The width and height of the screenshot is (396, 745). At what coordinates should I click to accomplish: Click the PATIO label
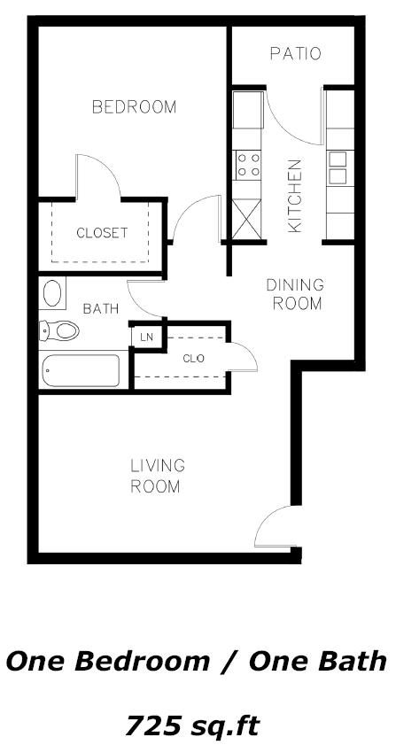(295, 54)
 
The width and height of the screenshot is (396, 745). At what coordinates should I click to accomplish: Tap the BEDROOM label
(134, 107)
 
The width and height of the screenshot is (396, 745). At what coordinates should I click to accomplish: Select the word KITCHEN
(295, 196)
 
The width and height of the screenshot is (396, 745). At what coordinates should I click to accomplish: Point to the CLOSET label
(102, 233)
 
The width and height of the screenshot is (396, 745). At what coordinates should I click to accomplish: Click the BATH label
(101, 309)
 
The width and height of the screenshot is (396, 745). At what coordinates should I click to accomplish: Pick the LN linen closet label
(146, 337)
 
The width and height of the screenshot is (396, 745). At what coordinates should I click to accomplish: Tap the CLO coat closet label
(194, 358)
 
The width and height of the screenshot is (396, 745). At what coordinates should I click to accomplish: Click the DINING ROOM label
(295, 294)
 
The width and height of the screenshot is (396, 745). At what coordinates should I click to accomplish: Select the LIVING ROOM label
(158, 476)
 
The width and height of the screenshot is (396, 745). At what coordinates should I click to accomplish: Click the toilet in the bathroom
(59, 330)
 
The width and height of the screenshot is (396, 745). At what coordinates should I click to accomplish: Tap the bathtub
(81, 370)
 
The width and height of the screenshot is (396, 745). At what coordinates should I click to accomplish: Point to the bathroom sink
(51, 293)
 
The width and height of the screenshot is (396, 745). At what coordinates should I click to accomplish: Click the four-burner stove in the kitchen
(249, 165)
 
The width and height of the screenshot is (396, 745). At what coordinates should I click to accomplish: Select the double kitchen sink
(338, 167)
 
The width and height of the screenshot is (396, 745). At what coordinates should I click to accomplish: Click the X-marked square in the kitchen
(246, 219)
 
